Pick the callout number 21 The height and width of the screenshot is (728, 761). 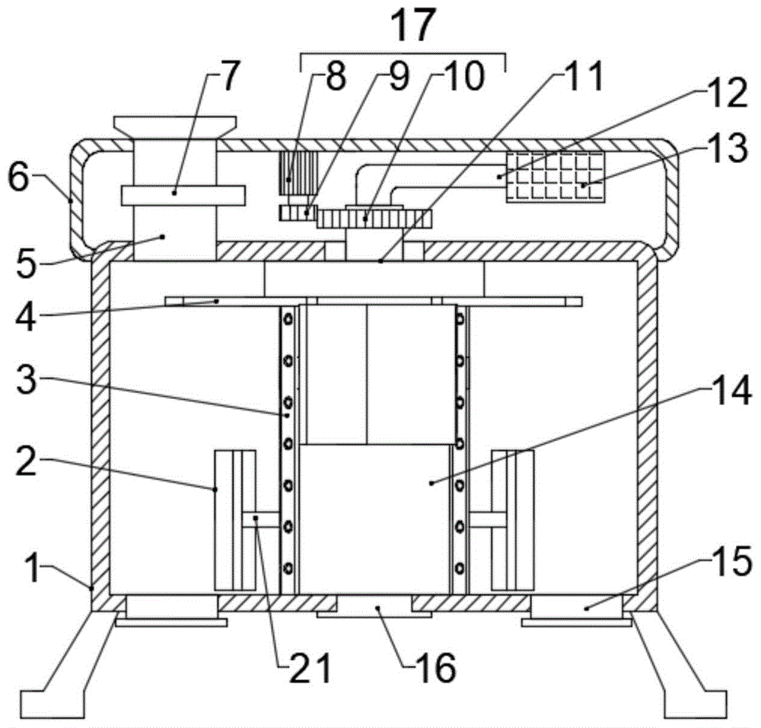[x=310, y=669]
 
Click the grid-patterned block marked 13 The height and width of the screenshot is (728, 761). [x=556, y=177]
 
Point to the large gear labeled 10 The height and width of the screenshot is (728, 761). [x=374, y=219]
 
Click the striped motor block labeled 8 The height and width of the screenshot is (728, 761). [x=297, y=173]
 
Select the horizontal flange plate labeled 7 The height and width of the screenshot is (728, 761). [x=183, y=195]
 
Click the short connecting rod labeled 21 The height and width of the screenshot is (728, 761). [x=260, y=519]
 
